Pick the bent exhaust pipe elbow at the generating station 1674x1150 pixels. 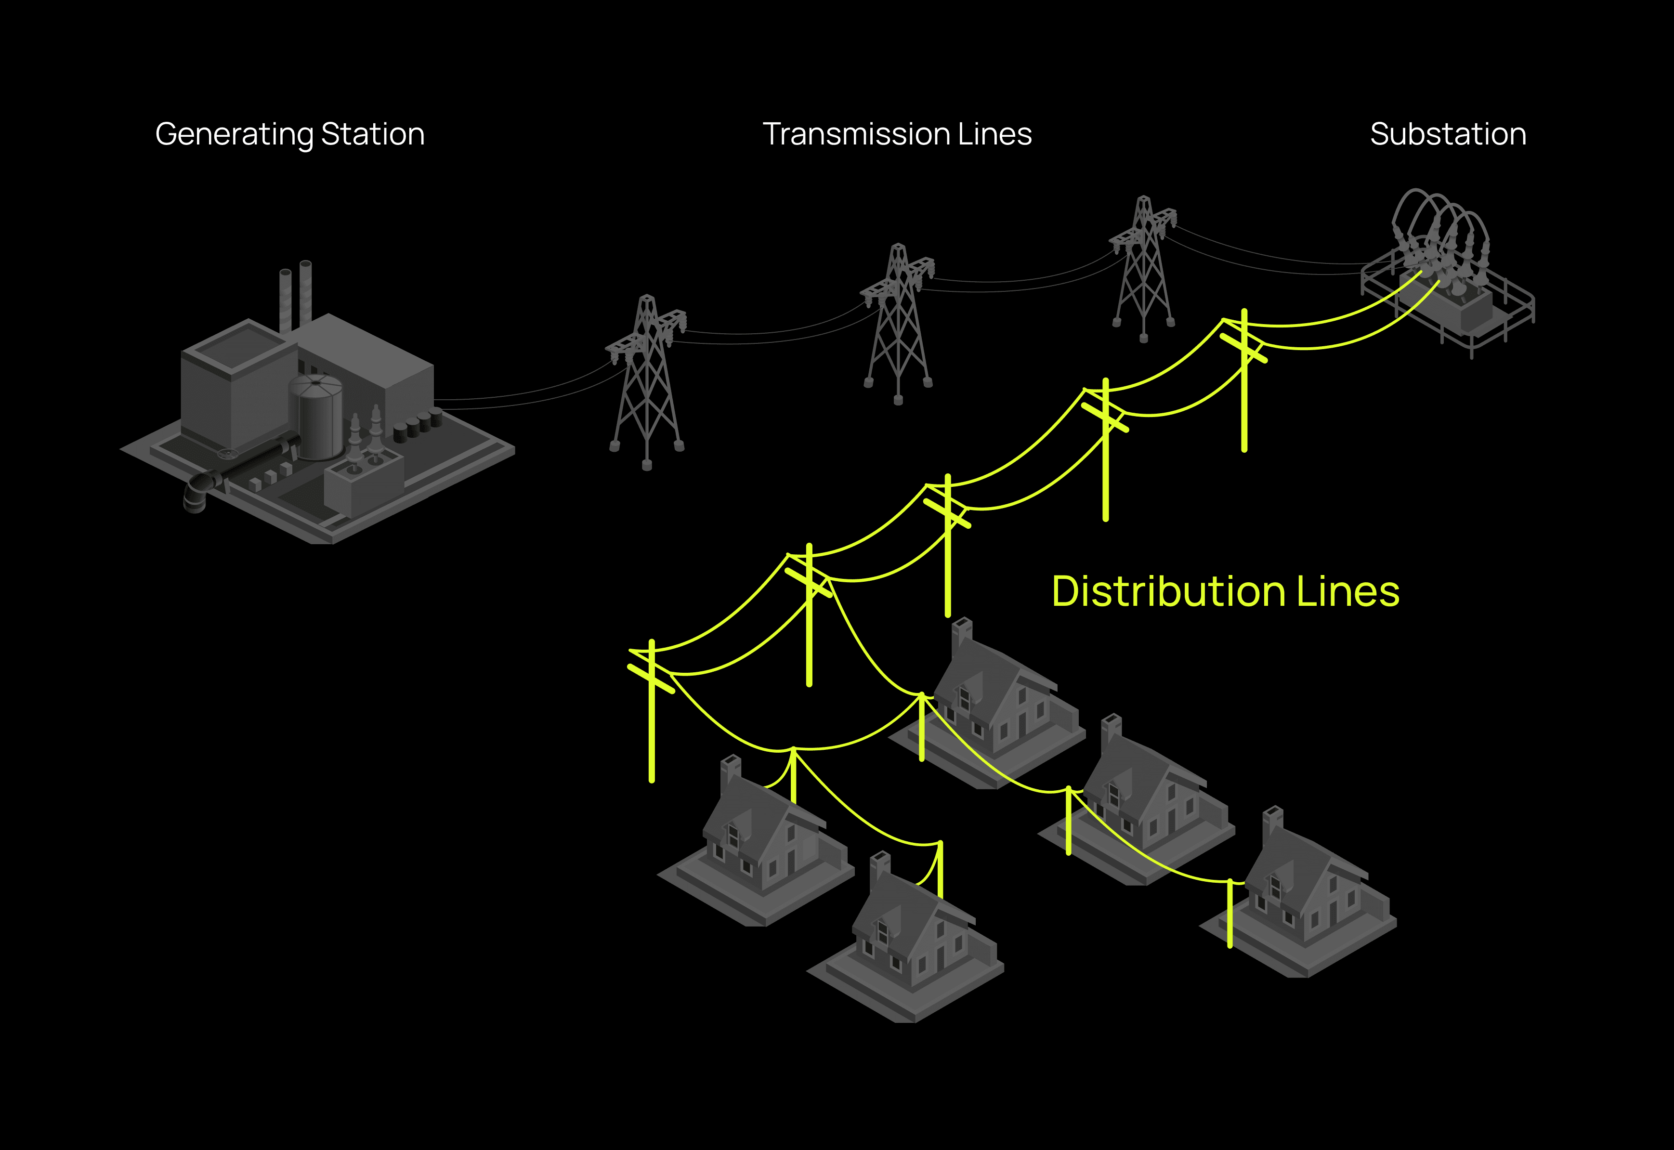pos(196,494)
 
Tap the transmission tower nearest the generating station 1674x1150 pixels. pos(646,382)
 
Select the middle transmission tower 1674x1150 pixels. pos(897,324)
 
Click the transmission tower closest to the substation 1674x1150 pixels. pos(1144,268)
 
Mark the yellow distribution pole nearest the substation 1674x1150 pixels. pos(1244,380)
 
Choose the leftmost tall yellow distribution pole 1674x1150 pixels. pos(652,710)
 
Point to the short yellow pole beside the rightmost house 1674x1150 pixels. pos(1230,914)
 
